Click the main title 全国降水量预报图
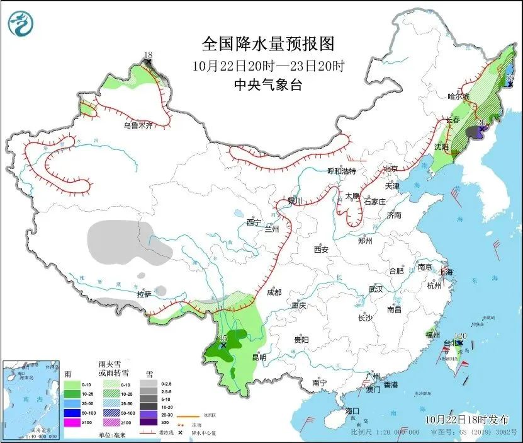click(267, 43)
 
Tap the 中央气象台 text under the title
click(267, 84)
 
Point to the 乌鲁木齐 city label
click(138, 126)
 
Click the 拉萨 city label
click(144, 294)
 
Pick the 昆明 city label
click(259, 357)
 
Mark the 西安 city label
click(321, 250)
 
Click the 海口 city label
click(352, 411)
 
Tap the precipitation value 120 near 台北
click(460, 336)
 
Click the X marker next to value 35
click(223, 345)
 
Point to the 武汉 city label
click(376, 289)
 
